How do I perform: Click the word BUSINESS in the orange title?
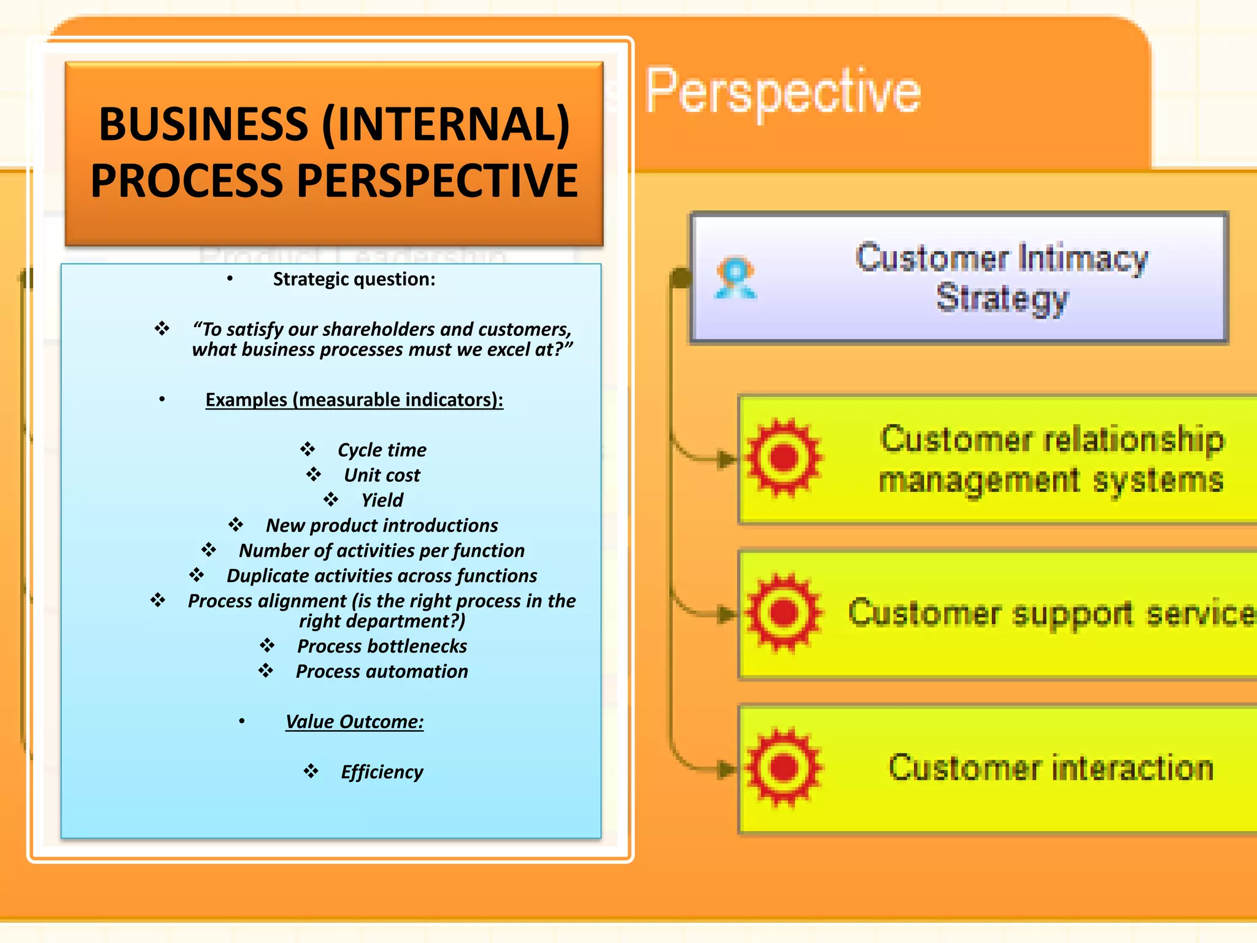[x=203, y=125]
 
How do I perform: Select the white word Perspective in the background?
[x=783, y=92]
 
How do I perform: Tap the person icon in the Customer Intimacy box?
[x=735, y=278]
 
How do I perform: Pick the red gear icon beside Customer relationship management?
[x=783, y=457]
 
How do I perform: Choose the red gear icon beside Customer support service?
[x=783, y=612]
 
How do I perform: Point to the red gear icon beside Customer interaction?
[x=783, y=767]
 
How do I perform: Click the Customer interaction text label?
[x=1051, y=768]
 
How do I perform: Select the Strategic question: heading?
[x=354, y=279]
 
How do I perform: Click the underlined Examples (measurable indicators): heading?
[x=354, y=400]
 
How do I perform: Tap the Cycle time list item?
[x=382, y=450]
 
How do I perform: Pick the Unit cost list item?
[x=382, y=475]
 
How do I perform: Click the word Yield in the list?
[x=382, y=500]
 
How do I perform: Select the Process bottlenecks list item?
[x=382, y=646]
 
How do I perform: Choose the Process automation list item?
[x=382, y=672]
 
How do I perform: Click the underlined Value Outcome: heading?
[x=354, y=721]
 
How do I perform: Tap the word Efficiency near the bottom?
[x=382, y=772]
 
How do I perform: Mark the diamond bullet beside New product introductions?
[x=236, y=525]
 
